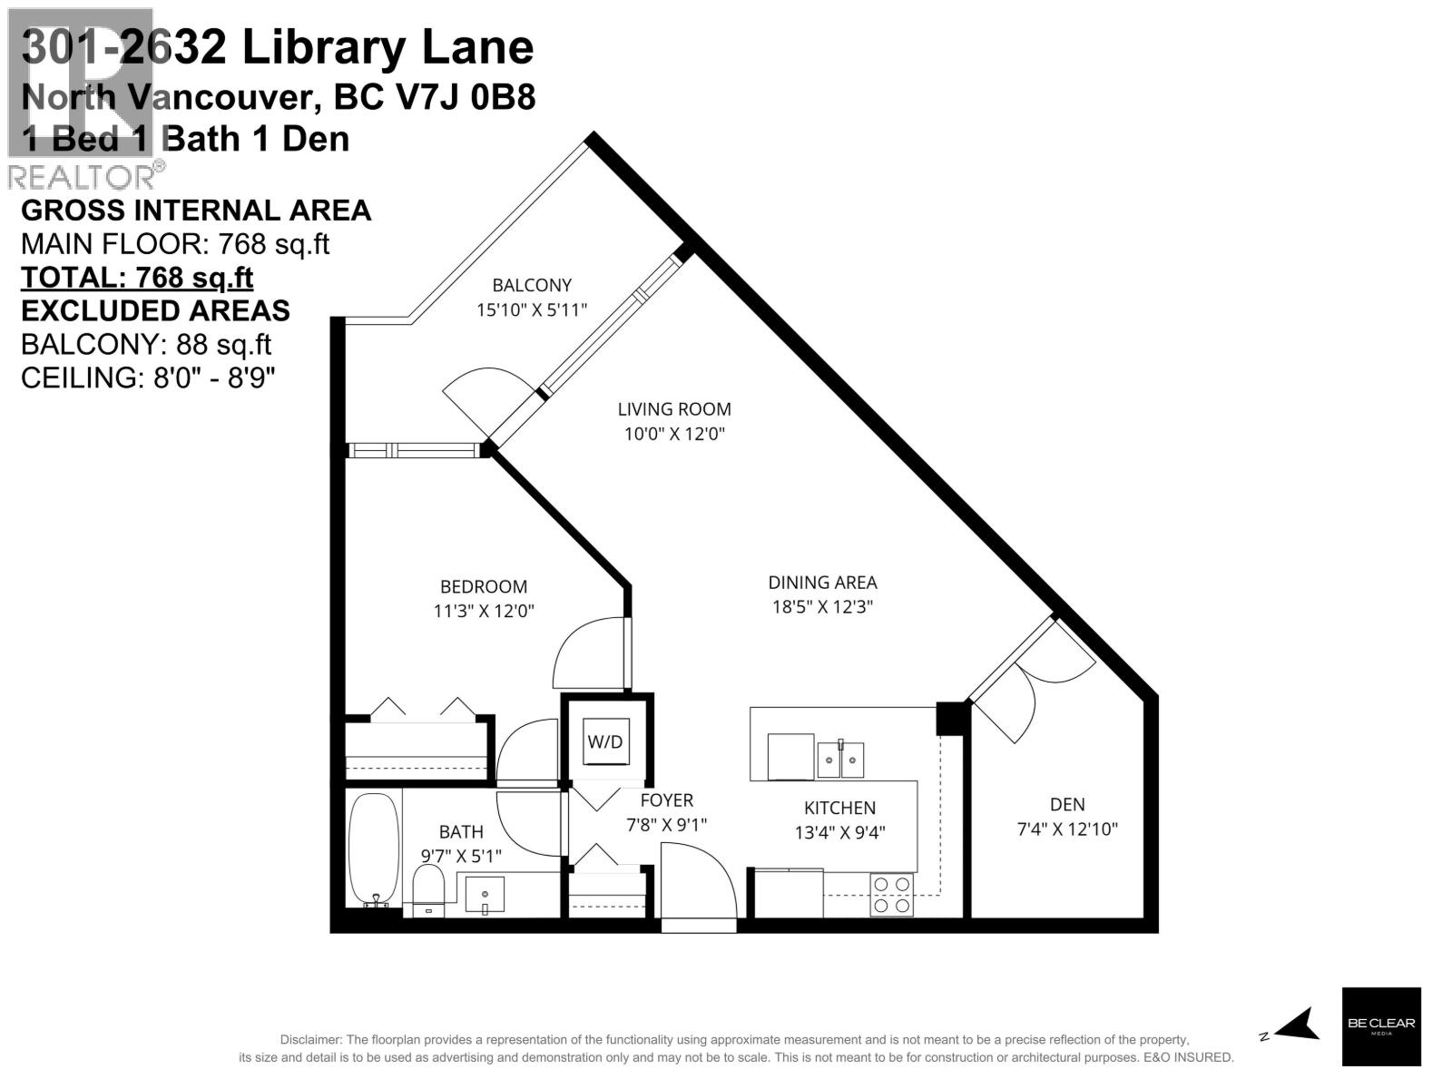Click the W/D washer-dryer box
(x=605, y=741)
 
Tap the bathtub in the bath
(x=373, y=849)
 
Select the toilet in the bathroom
(x=427, y=888)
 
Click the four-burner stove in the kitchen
(x=892, y=894)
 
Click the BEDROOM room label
(x=483, y=586)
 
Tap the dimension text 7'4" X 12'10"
(x=1067, y=829)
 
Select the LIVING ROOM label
(x=673, y=409)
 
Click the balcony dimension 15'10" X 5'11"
(x=532, y=309)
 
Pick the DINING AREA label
(x=822, y=583)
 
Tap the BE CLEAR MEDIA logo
(x=1380, y=1025)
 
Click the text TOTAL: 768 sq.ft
(x=137, y=277)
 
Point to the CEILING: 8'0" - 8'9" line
(x=148, y=378)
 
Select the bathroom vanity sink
(x=485, y=893)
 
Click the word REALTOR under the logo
(x=82, y=176)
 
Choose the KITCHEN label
(x=839, y=808)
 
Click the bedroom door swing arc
(x=585, y=653)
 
